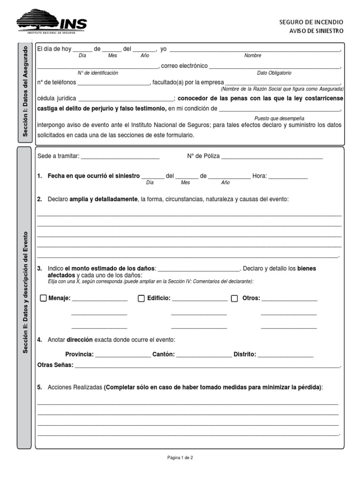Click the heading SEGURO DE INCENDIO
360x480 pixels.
pos(311,22)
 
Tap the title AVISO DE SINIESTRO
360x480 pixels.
pos(316,31)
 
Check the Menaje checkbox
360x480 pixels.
pos(43,298)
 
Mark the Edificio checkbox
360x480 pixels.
pos(141,298)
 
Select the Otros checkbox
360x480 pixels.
pos(235,298)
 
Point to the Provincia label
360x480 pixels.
pos(79,354)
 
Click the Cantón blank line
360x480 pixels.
pos(204,355)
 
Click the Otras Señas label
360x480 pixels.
pos(55,365)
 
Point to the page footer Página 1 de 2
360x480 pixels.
pos(180,458)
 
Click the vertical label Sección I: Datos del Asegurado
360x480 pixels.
pos(26,92)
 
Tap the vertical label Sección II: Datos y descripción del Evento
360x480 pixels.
pos(26,298)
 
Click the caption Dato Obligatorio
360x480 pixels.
pos(274,73)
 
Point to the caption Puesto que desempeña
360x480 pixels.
pos(279,118)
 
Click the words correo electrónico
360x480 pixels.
pos(184,66)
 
